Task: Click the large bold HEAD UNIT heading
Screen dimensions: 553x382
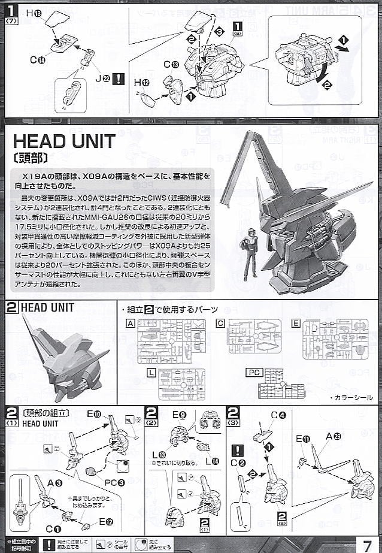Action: click(x=64, y=141)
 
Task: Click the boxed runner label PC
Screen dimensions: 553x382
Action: click(x=254, y=373)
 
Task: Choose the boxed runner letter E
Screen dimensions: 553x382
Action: click(x=296, y=324)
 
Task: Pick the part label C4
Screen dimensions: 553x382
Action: click(x=276, y=415)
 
